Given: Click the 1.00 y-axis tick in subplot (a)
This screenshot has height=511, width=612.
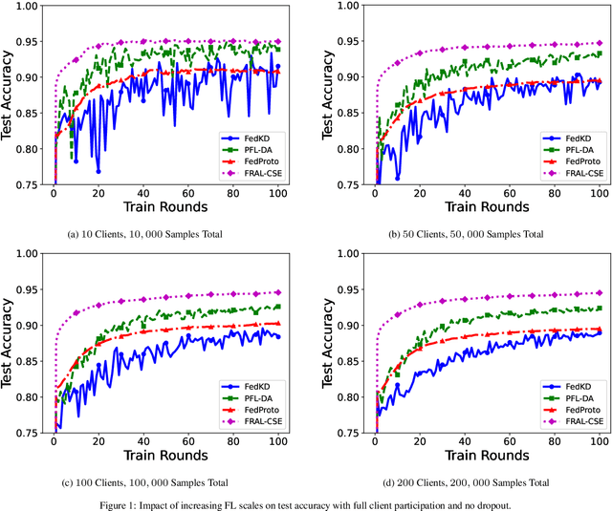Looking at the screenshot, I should pyautogui.click(x=34, y=7).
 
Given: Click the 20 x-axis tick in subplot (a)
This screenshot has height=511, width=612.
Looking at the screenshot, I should pyautogui.click(x=98, y=192).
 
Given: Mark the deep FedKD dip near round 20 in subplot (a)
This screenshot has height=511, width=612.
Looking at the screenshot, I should pyautogui.click(x=98, y=171).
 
